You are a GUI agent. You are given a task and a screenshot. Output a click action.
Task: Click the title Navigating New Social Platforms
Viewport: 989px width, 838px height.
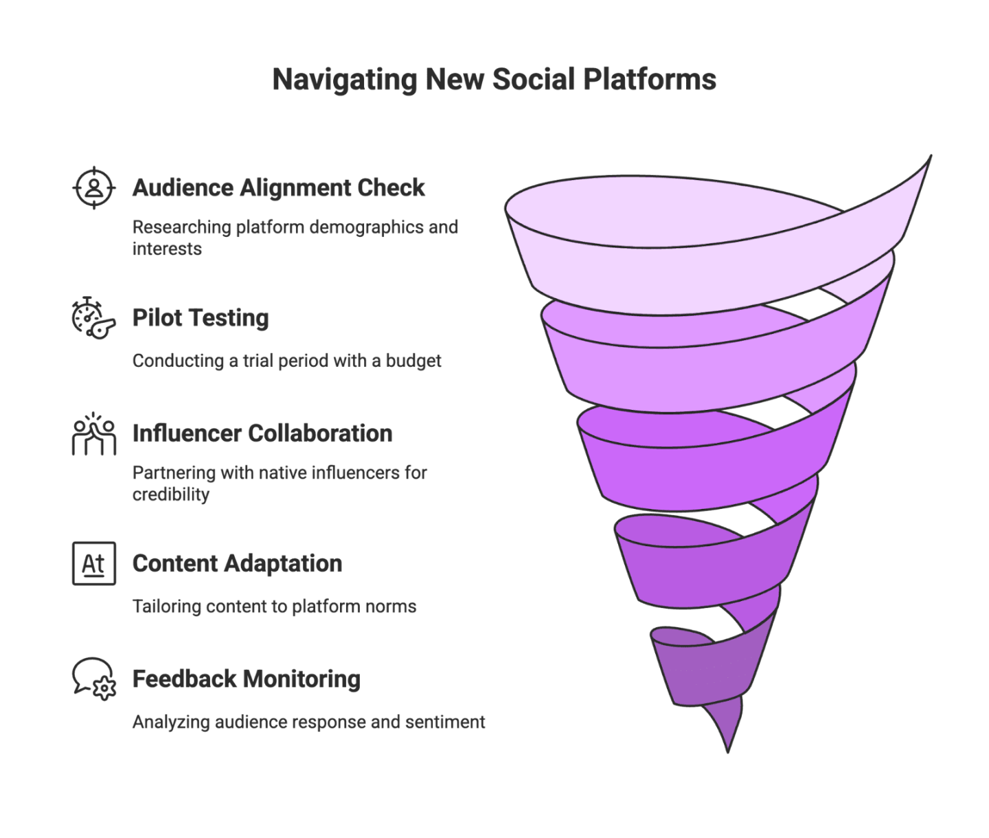coord(494,80)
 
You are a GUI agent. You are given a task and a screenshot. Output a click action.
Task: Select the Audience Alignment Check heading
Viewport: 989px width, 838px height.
coord(278,188)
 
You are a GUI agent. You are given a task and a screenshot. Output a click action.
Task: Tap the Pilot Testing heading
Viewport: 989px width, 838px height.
coord(200,318)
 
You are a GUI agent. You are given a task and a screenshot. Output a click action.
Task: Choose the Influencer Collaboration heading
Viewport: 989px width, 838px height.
coord(262,433)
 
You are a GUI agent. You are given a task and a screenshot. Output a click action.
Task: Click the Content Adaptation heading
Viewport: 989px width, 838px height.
coord(236,563)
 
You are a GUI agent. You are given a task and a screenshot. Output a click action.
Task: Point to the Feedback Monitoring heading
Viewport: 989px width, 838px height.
coord(245,679)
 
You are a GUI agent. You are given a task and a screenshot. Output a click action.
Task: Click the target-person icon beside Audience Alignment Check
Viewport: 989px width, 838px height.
coord(94,187)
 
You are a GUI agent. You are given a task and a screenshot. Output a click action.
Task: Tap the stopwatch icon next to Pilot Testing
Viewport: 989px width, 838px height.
coord(94,317)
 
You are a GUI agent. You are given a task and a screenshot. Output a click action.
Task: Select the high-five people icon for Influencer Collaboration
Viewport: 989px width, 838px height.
coord(94,433)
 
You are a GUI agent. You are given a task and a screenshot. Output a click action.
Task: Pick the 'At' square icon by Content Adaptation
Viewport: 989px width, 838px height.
coord(94,563)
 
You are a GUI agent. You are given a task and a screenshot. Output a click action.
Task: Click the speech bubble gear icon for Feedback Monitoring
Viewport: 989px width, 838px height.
coord(94,679)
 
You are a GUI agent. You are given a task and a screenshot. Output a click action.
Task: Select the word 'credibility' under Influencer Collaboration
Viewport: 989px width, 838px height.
coord(170,495)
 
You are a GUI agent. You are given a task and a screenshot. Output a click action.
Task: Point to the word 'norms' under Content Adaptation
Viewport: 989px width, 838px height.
coord(396,607)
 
